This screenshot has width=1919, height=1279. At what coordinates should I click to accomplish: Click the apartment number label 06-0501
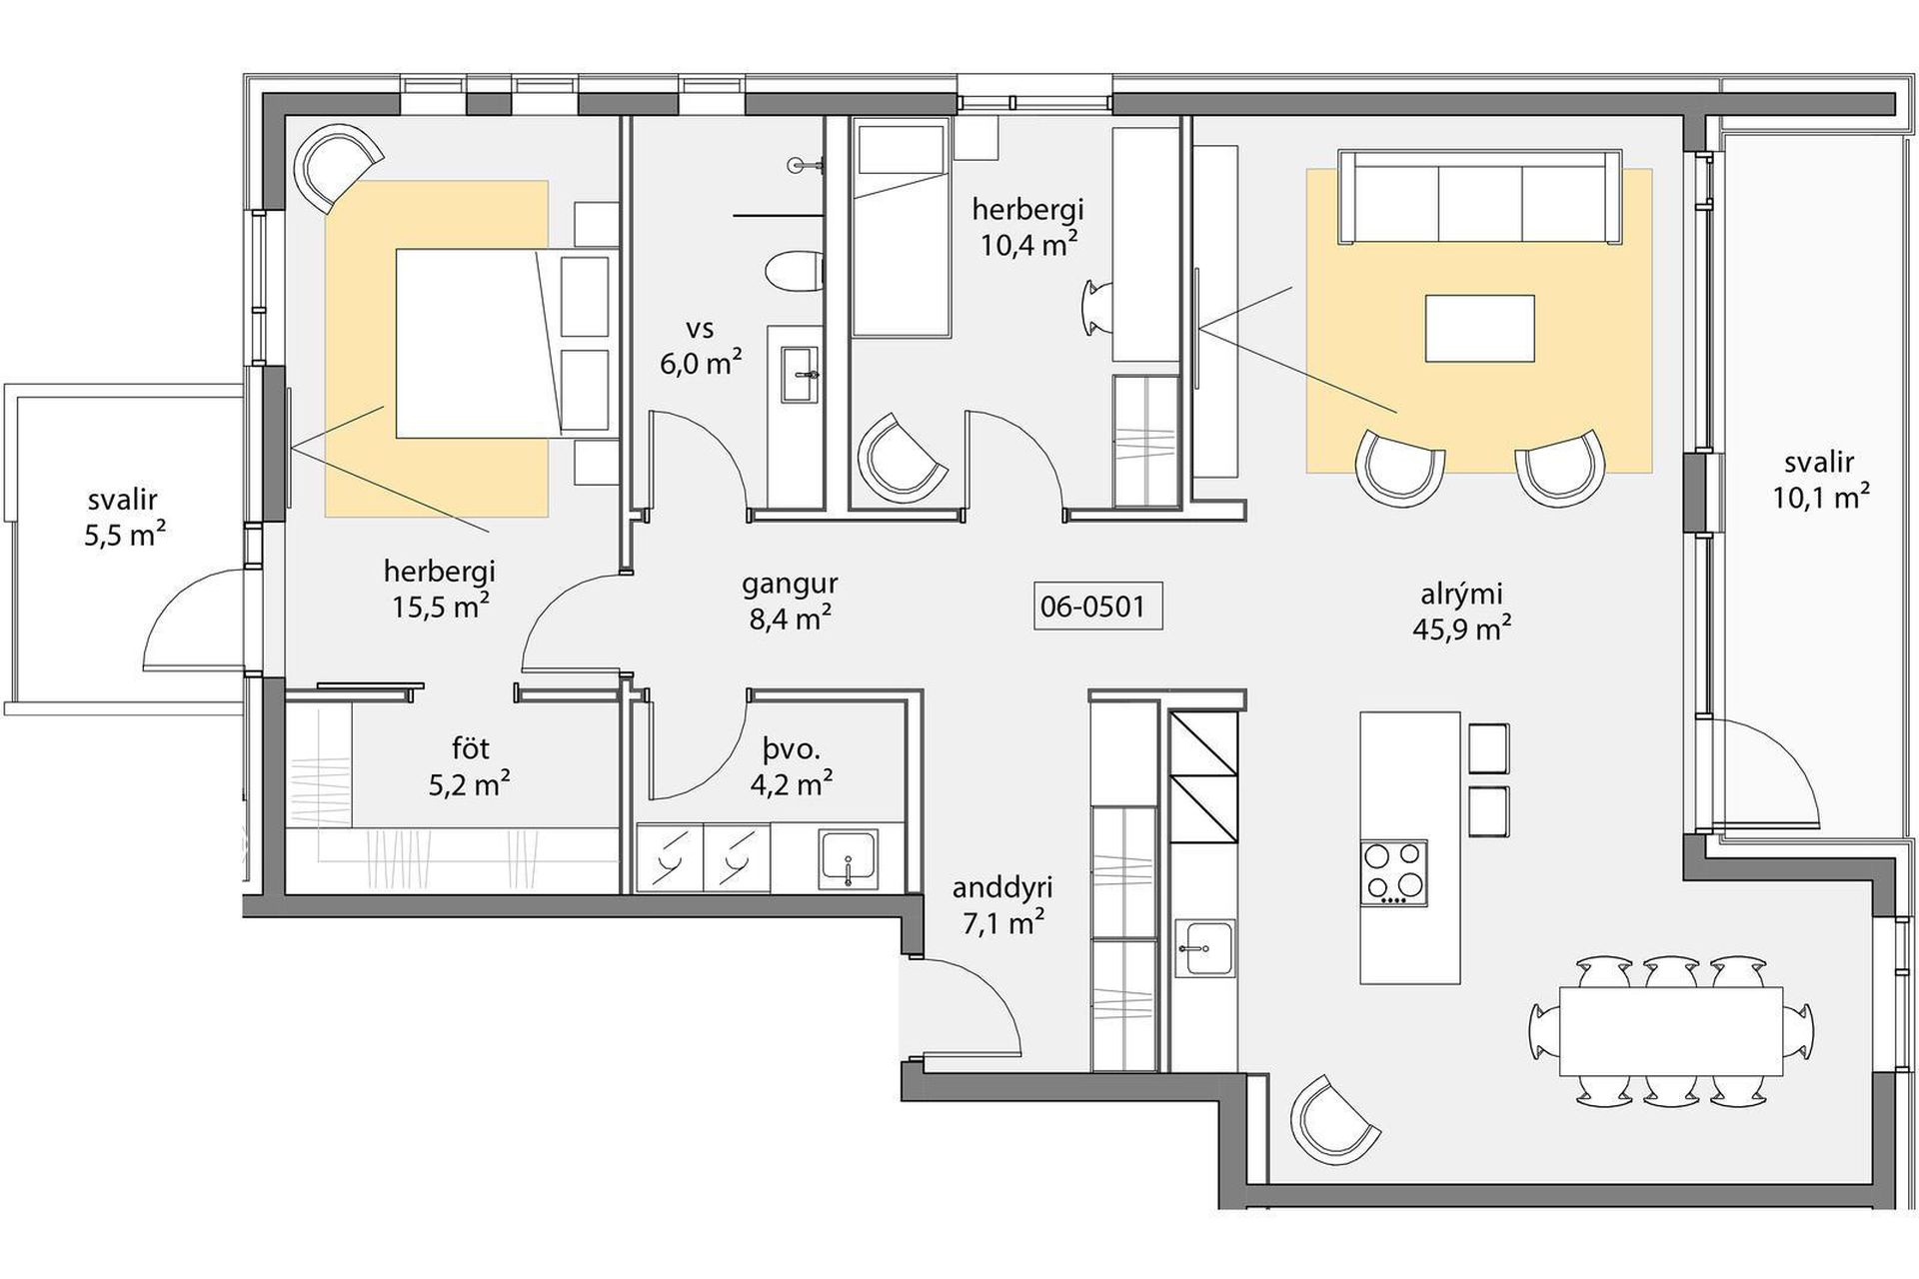[x=1097, y=607]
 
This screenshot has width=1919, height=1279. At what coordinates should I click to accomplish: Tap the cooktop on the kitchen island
[x=1393, y=873]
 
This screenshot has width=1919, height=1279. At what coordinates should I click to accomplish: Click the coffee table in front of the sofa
[x=1479, y=328]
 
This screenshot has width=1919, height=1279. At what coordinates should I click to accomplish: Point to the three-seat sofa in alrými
[x=1479, y=197]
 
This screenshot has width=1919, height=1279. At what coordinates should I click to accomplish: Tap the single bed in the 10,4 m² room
[x=899, y=227]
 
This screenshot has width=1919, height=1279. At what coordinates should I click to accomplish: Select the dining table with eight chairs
[x=1671, y=1030]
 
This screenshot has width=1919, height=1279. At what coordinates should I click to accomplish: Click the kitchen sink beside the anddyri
[x=1205, y=946]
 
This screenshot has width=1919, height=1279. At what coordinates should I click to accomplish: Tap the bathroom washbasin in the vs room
[x=800, y=375]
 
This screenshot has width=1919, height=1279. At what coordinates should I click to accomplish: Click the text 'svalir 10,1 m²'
[x=1821, y=480]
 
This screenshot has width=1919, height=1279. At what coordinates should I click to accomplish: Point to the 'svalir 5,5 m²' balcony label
[x=124, y=518]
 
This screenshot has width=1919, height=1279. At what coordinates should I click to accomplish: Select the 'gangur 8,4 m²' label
[x=790, y=601]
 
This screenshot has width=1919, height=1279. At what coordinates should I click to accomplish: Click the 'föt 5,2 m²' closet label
[x=469, y=766]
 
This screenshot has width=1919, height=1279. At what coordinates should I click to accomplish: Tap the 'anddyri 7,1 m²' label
[x=1002, y=904]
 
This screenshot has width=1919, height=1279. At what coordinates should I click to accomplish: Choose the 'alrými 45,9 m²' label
[x=1461, y=611]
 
